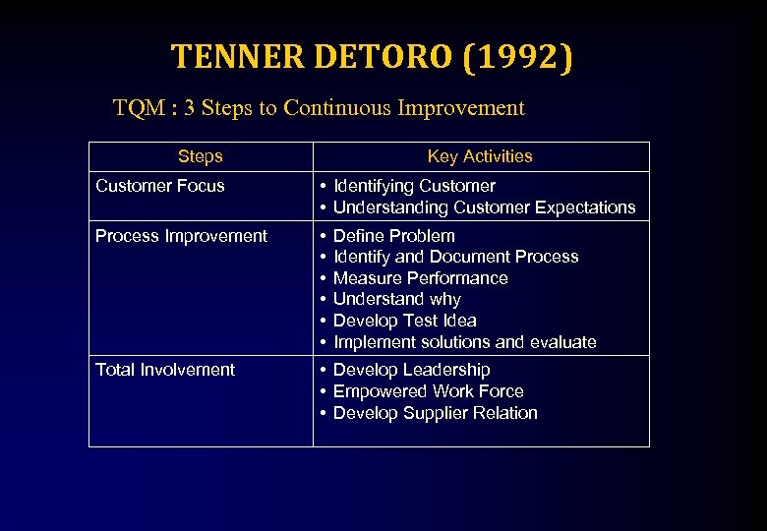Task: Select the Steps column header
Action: click(x=201, y=156)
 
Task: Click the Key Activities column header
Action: click(x=480, y=156)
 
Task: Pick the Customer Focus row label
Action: click(x=160, y=186)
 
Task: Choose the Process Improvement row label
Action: click(x=181, y=236)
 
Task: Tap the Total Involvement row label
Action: click(x=165, y=370)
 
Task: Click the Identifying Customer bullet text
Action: click(x=414, y=186)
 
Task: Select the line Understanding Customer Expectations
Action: click(x=484, y=207)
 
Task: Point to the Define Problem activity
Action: click(x=394, y=236)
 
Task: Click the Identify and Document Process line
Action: click(x=455, y=257)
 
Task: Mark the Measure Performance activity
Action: click(x=421, y=278)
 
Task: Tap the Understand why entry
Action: click(x=397, y=299)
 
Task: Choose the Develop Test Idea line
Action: click(x=405, y=321)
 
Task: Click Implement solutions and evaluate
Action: click(x=465, y=342)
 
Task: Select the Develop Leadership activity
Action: click(x=411, y=370)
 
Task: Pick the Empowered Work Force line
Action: click(x=428, y=391)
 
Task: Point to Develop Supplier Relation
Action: click(x=436, y=413)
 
